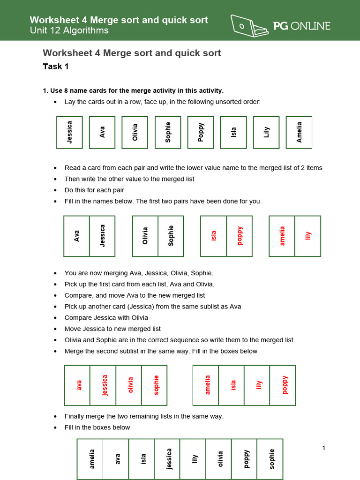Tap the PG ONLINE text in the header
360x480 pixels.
(302, 26)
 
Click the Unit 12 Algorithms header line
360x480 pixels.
(69, 31)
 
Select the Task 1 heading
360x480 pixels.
(56, 67)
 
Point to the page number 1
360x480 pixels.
(323, 448)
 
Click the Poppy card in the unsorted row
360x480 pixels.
(201, 132)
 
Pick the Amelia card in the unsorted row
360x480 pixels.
(299, 132)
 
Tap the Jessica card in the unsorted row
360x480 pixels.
(69, 132)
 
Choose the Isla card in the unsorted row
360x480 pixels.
(233, 132)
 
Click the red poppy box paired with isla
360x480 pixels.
(240, 236)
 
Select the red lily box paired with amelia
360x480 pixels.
(308, 236)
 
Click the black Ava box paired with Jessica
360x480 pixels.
(77, 236)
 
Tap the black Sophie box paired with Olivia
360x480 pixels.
(171, 236)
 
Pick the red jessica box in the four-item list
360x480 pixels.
(103, 385)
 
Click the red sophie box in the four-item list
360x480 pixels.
(155, 385)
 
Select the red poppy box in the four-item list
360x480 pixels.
(283, 385)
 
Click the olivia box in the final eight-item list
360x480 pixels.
(219, 459)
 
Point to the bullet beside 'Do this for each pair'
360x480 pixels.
(56, 190)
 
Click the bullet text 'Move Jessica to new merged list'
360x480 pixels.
(112, 329)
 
